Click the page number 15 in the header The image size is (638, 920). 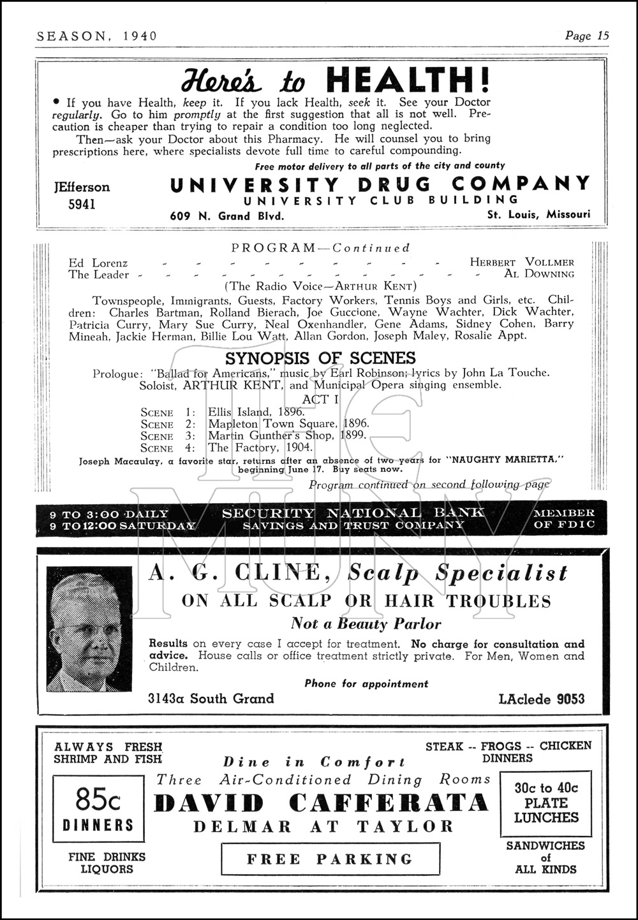[x=603, y=36]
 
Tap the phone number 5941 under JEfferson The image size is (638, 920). [x=81, y=204]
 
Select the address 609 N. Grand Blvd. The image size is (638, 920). [x=226, y=216]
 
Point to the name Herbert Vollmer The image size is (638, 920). [x=522, y=262]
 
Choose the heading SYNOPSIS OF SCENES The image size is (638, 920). [x=320, y=358]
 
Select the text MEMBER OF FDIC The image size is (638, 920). [x=564, y=518]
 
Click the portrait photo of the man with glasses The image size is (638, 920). [x=89, y=629]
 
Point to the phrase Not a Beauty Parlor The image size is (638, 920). [x=366, y=624]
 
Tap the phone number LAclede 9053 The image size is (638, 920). [x=542, y=699]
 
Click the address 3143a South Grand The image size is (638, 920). [x=211, y=698]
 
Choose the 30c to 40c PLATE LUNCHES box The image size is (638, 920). [x=546, y=803]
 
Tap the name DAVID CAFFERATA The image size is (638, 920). [x=321, y=803]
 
